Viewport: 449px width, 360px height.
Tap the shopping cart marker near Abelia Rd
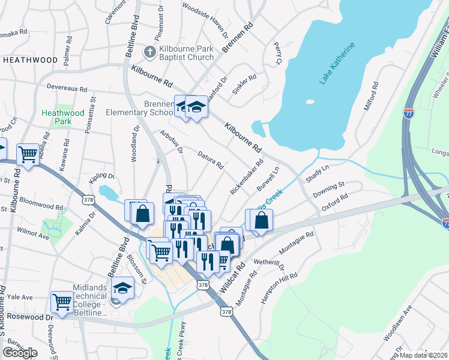28,155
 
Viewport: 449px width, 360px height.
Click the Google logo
20,353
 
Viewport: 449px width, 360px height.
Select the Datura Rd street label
211,159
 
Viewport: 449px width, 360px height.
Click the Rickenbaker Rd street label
247,177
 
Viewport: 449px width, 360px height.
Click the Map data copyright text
424,355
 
